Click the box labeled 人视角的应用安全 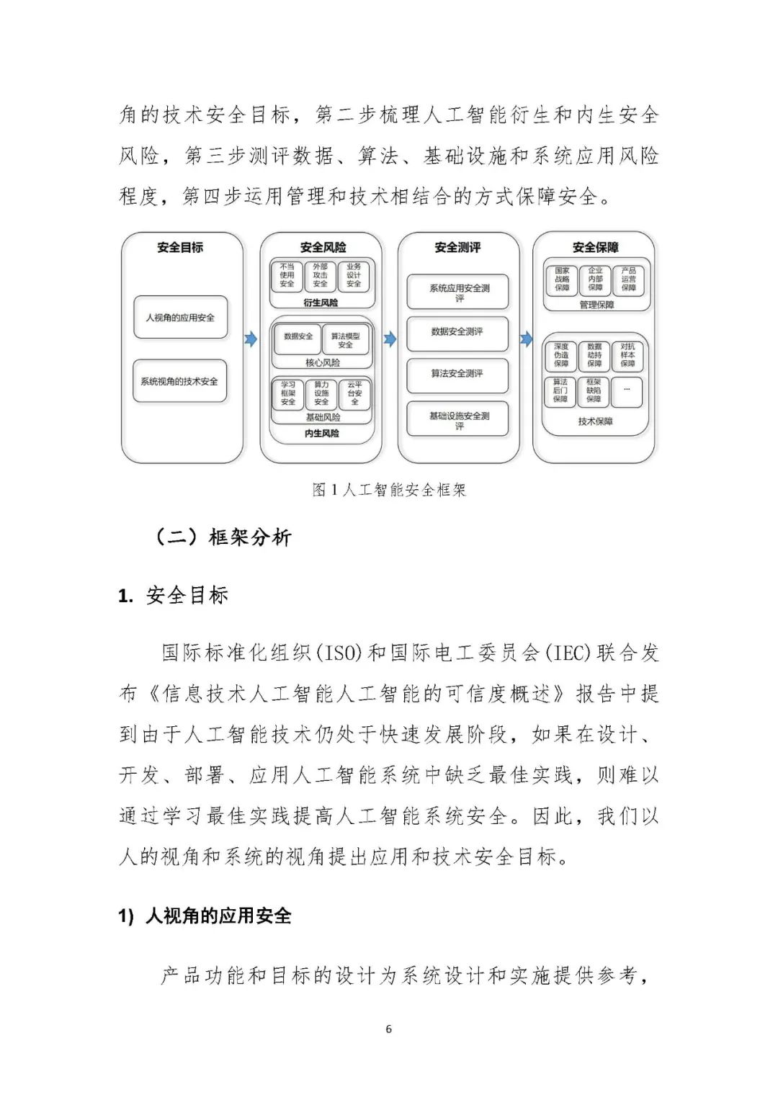point(180,317)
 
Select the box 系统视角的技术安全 point(179,381)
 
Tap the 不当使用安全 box point(287,275)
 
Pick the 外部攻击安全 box point(321,275)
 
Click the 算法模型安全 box point(345,340)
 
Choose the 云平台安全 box point(354,393)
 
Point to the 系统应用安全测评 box point(458,292)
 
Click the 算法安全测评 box point(457,373)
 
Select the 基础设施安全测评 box point(458,420)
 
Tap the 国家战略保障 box point(562,280)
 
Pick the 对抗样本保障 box point(628,355)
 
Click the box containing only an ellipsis point(627,390)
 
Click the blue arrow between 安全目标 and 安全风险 point(250,339)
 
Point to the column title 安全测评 point(457,247)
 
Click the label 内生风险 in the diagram point(321,434)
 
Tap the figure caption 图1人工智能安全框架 point(389,490)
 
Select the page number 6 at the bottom point(389,1029)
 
